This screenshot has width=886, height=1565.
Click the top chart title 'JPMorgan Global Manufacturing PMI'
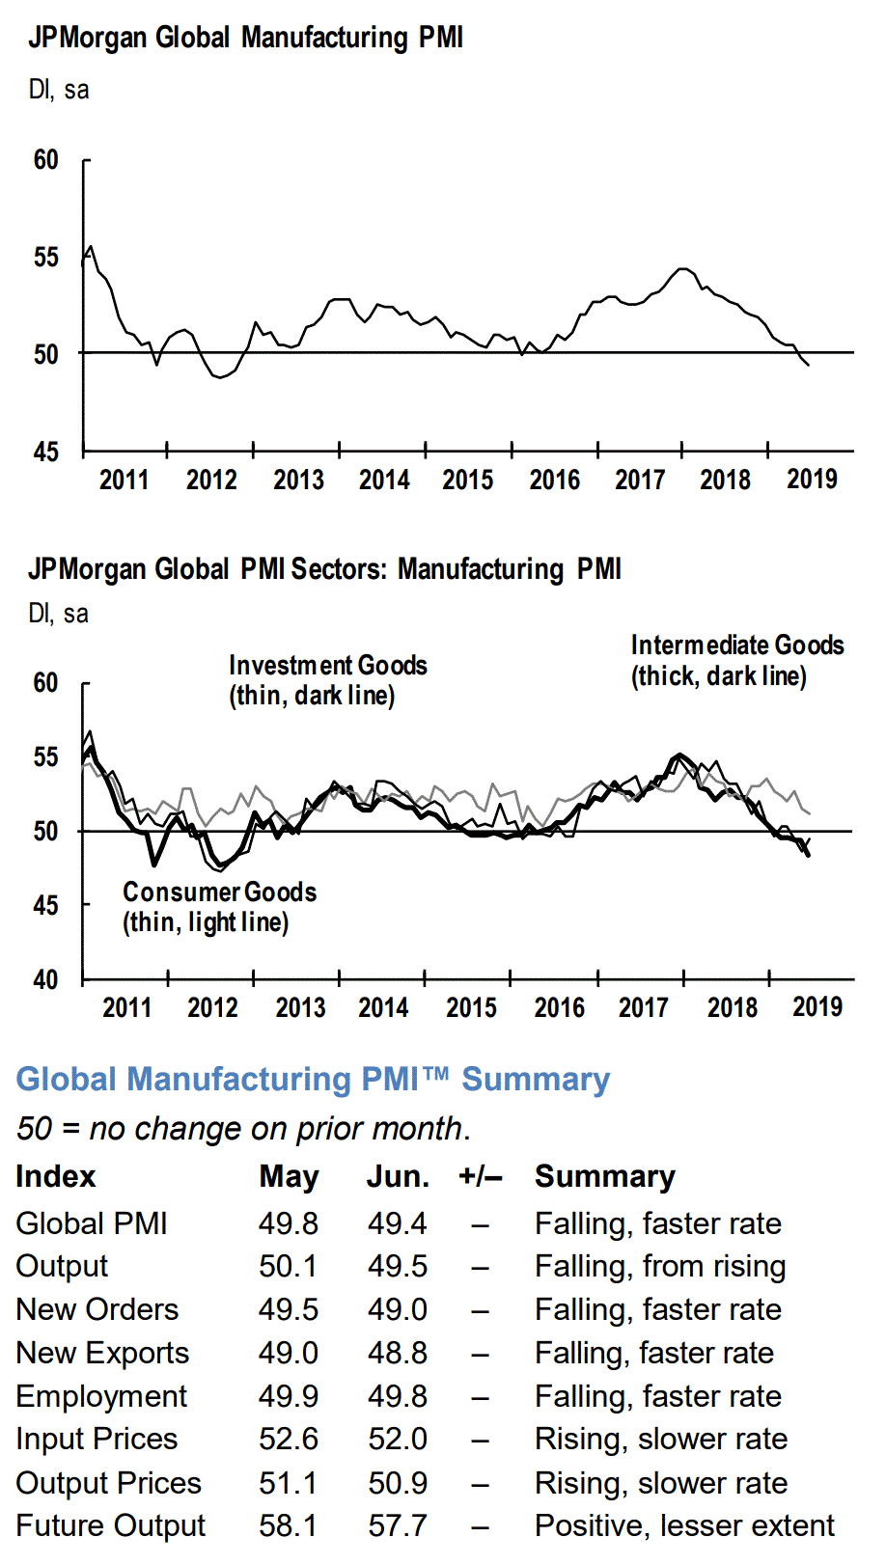point(245,38)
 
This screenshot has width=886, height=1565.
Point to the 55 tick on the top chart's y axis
point(45,258)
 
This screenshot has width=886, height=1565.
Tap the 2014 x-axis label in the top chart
point(384,480)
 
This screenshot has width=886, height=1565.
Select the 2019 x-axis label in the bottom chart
point(817,1007)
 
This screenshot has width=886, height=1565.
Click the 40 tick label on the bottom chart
point(45,980)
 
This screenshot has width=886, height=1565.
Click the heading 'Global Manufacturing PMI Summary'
point(313,1079)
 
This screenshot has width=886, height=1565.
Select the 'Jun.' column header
point(398,1177)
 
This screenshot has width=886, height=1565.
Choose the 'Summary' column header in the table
point(605,1177)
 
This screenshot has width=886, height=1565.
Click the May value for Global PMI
point(288,1223)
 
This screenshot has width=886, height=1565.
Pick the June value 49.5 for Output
point(397,1267)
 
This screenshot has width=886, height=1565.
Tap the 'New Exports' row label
point(102,1353)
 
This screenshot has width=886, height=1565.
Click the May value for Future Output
point(288,1525)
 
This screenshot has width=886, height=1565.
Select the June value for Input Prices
point(397,1440)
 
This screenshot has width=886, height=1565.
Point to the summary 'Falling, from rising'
point(660,1267)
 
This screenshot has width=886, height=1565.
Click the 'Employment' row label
point(101,1396)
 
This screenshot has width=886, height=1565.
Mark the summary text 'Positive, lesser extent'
point(684,1525)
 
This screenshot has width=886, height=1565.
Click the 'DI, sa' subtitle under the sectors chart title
point(58,614)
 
